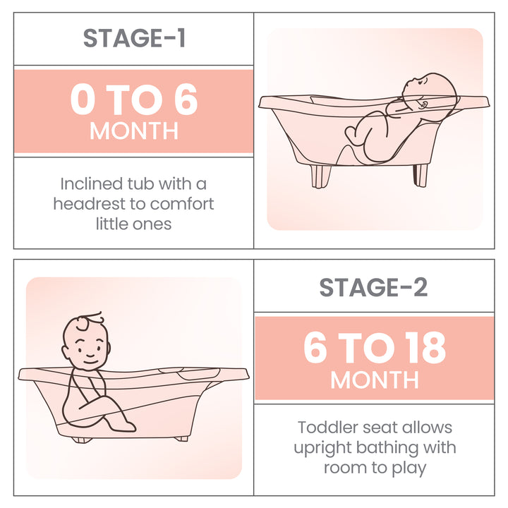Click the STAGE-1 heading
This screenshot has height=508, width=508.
point(134,38)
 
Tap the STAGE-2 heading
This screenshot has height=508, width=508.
point(373,287)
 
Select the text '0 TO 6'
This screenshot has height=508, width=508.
point(134,100)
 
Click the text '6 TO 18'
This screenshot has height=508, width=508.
point(375,348)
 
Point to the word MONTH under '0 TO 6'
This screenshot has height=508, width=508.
point(134,131)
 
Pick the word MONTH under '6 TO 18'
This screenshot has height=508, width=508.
point(375,380)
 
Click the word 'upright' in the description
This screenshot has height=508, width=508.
point(323,447)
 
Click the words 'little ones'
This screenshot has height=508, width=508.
point(133,224)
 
